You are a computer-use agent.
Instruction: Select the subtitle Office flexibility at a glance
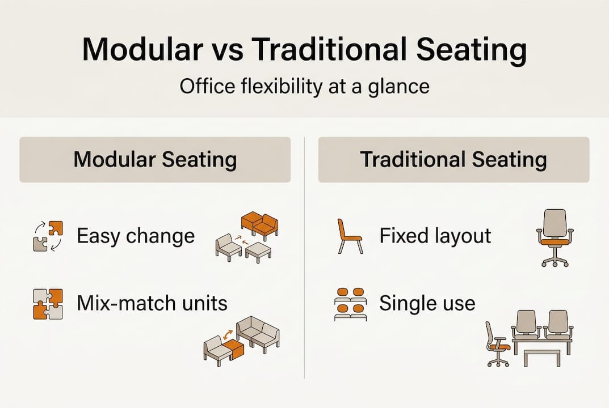(x=304, y=87)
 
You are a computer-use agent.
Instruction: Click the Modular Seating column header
(x=155, y=159)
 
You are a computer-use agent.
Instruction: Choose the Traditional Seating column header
(x=453, y=159)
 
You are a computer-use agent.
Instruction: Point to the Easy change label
(x=135, y=236)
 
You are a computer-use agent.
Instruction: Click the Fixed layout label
(x=435, y=236)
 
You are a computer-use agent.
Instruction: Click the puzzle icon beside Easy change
(x=47, y=236)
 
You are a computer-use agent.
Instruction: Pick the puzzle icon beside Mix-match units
(x=47, y=304)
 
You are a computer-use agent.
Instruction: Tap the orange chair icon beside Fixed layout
(x=348, y=236)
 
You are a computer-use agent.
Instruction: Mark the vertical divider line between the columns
(x=305, y=255)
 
